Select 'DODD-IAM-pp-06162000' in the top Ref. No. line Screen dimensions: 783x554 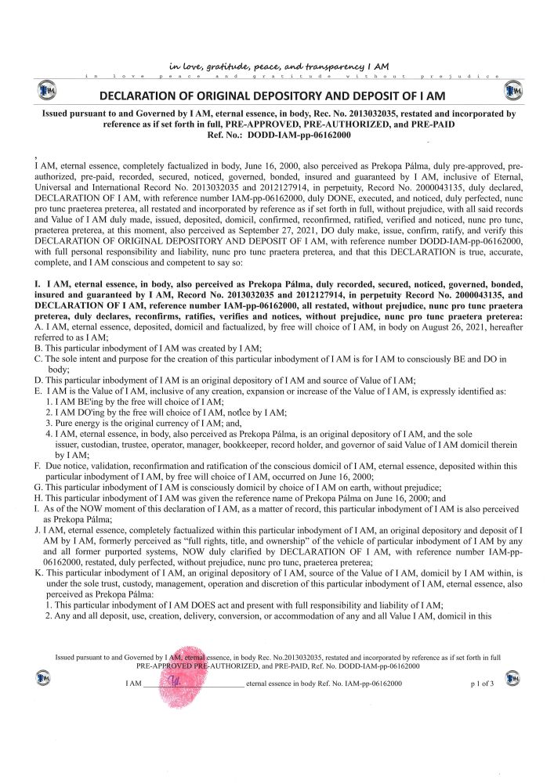[x=297, y=135]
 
